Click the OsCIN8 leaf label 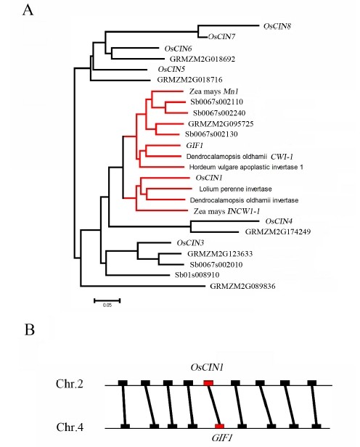coord(277,26)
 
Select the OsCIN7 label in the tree coord(221,37)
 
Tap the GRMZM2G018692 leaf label coord(202,59)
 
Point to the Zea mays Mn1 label coord(214,91)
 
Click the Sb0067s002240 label coord(219,113)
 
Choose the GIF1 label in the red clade coord(195,145)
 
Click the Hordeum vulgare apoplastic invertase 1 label coord(246,167)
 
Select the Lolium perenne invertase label coord(235,189)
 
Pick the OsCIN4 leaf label coord(279,221)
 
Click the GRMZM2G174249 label coord(278,231)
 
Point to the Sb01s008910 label coord(197,275)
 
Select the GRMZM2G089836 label coord(242,286)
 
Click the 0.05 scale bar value coord(107,305)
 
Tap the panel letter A coord(28,10)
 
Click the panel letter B coord(30,329)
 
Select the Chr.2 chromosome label coord(70,384)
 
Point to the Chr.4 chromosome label coord(70,427)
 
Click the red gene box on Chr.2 coord(208,383)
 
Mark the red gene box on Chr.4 coord(219,426)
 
